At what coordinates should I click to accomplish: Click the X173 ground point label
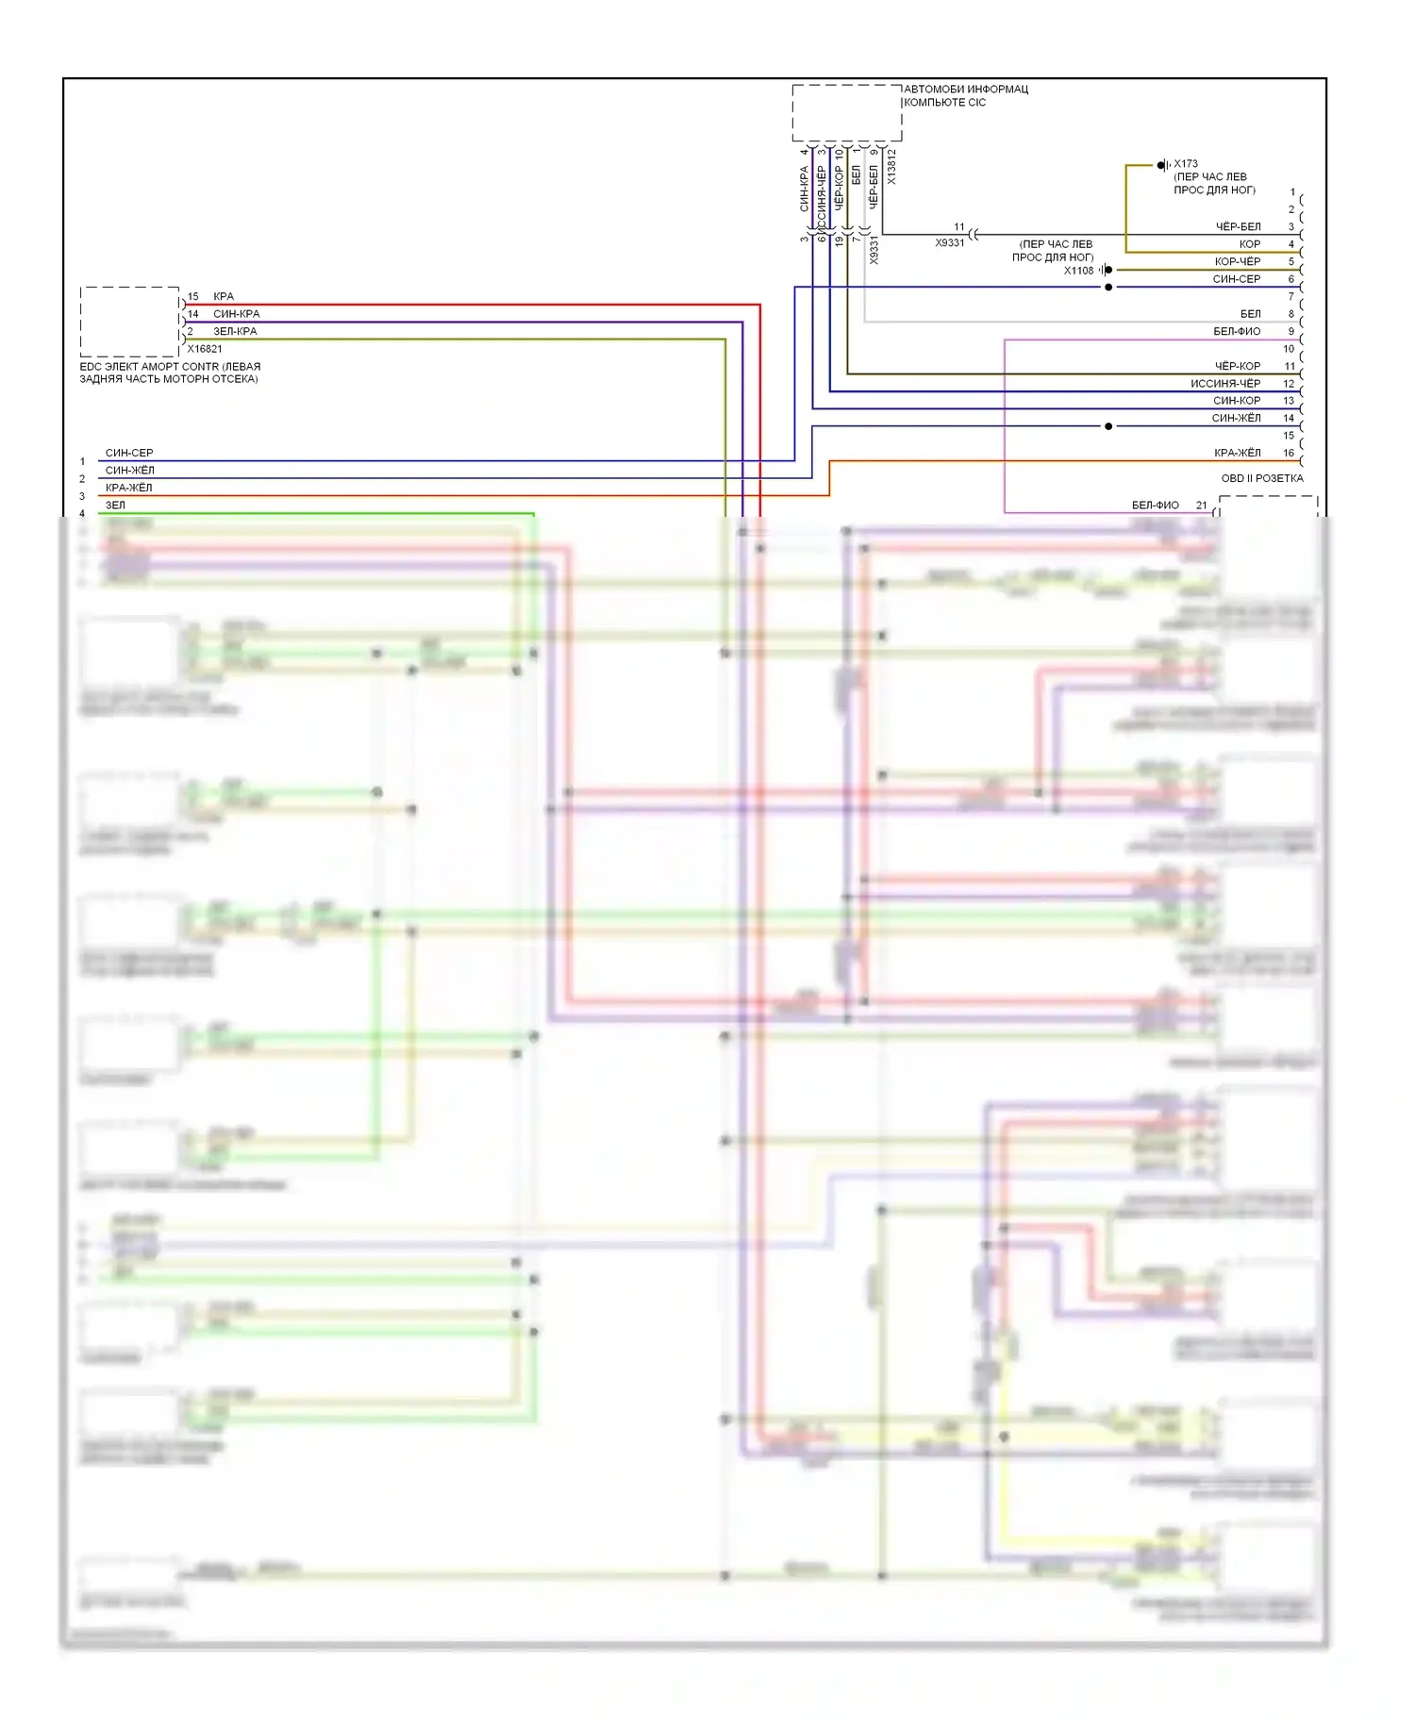[1186, 164]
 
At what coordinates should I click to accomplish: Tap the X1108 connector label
[1078, 271]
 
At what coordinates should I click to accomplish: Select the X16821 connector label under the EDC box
[205, 349]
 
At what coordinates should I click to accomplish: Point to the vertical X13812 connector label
[892, 166]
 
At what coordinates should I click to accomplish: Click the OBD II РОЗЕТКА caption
[1261, 478]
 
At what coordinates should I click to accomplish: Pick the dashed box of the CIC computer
[846, 113]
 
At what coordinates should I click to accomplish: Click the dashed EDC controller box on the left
[129, 322]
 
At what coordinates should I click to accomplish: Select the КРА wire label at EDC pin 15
[224, 296]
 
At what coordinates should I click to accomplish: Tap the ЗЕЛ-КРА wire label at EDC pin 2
[235, 331]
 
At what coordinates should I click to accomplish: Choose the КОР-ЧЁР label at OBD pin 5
[1237, 261]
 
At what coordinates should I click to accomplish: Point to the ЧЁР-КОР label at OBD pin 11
[1237, 366]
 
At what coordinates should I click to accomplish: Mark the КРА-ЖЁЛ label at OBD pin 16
[1237, 453]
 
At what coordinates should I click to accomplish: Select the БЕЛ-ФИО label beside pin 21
[1155, 506]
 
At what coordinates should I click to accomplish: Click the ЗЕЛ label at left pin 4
[115, 506]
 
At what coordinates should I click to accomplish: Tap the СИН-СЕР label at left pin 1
[129, 453]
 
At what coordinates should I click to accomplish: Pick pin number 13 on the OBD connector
[1289, 401]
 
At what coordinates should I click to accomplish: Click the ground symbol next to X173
[1162, 165]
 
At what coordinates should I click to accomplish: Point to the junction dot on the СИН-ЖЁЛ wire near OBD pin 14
[1108, 426]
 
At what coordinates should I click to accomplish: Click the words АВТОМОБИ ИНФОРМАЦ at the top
[966, 90]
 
